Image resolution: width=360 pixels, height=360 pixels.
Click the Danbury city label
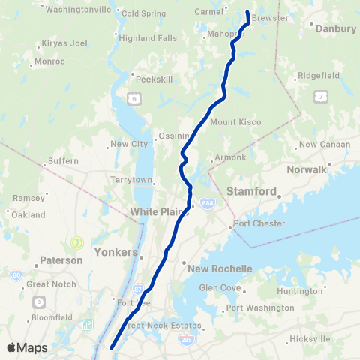click(x=337, y=28)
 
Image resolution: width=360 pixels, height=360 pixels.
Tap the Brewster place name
click(x=270, y=17)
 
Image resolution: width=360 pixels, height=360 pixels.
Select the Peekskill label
click(x=151, y=76)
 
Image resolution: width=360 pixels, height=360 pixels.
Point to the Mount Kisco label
click(x=234, y=121)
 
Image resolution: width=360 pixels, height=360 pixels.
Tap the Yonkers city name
click(x=117, y=252)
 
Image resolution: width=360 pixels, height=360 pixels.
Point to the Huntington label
click(x=300, y=291)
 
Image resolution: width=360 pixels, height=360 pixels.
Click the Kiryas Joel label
click(x=64, y=43)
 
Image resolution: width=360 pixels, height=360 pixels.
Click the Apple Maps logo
click(x=27, y=347)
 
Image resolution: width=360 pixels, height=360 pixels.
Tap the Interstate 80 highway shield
click(x=16, y=275)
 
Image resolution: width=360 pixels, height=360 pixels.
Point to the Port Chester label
click(x=259, y=223)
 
